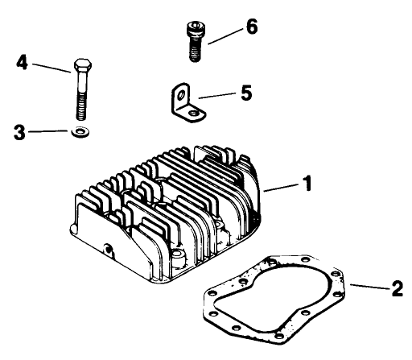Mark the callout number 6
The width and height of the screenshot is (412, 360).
(251, 27)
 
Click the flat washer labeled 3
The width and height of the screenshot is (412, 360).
(80, 130)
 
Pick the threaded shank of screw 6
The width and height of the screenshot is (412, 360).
(193, 50)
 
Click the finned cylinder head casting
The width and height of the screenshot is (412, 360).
(169, 209)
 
